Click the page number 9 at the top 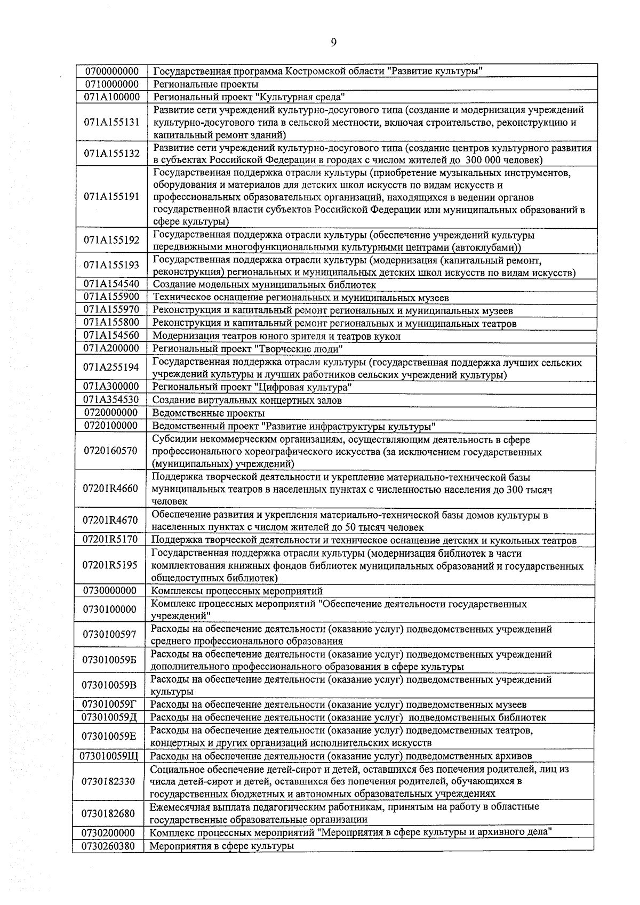tap(333, 43)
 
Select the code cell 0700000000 tap(111, 71)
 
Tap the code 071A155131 tap(111, 122)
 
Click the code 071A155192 tap(111, 241)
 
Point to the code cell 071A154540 tap(111, 285)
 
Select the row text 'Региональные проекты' tap(206, 84)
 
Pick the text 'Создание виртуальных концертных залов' tap(247, 400)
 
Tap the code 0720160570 tap(111, 451)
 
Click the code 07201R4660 tap(111, 488)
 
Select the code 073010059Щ tap(109, 756)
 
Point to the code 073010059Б tap(110, 660)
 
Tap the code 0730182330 tap(109, 781)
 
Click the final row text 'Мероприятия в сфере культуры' tap(221, 846)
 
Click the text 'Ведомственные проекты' tap(208, 413)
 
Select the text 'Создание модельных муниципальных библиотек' tap(264, 285)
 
